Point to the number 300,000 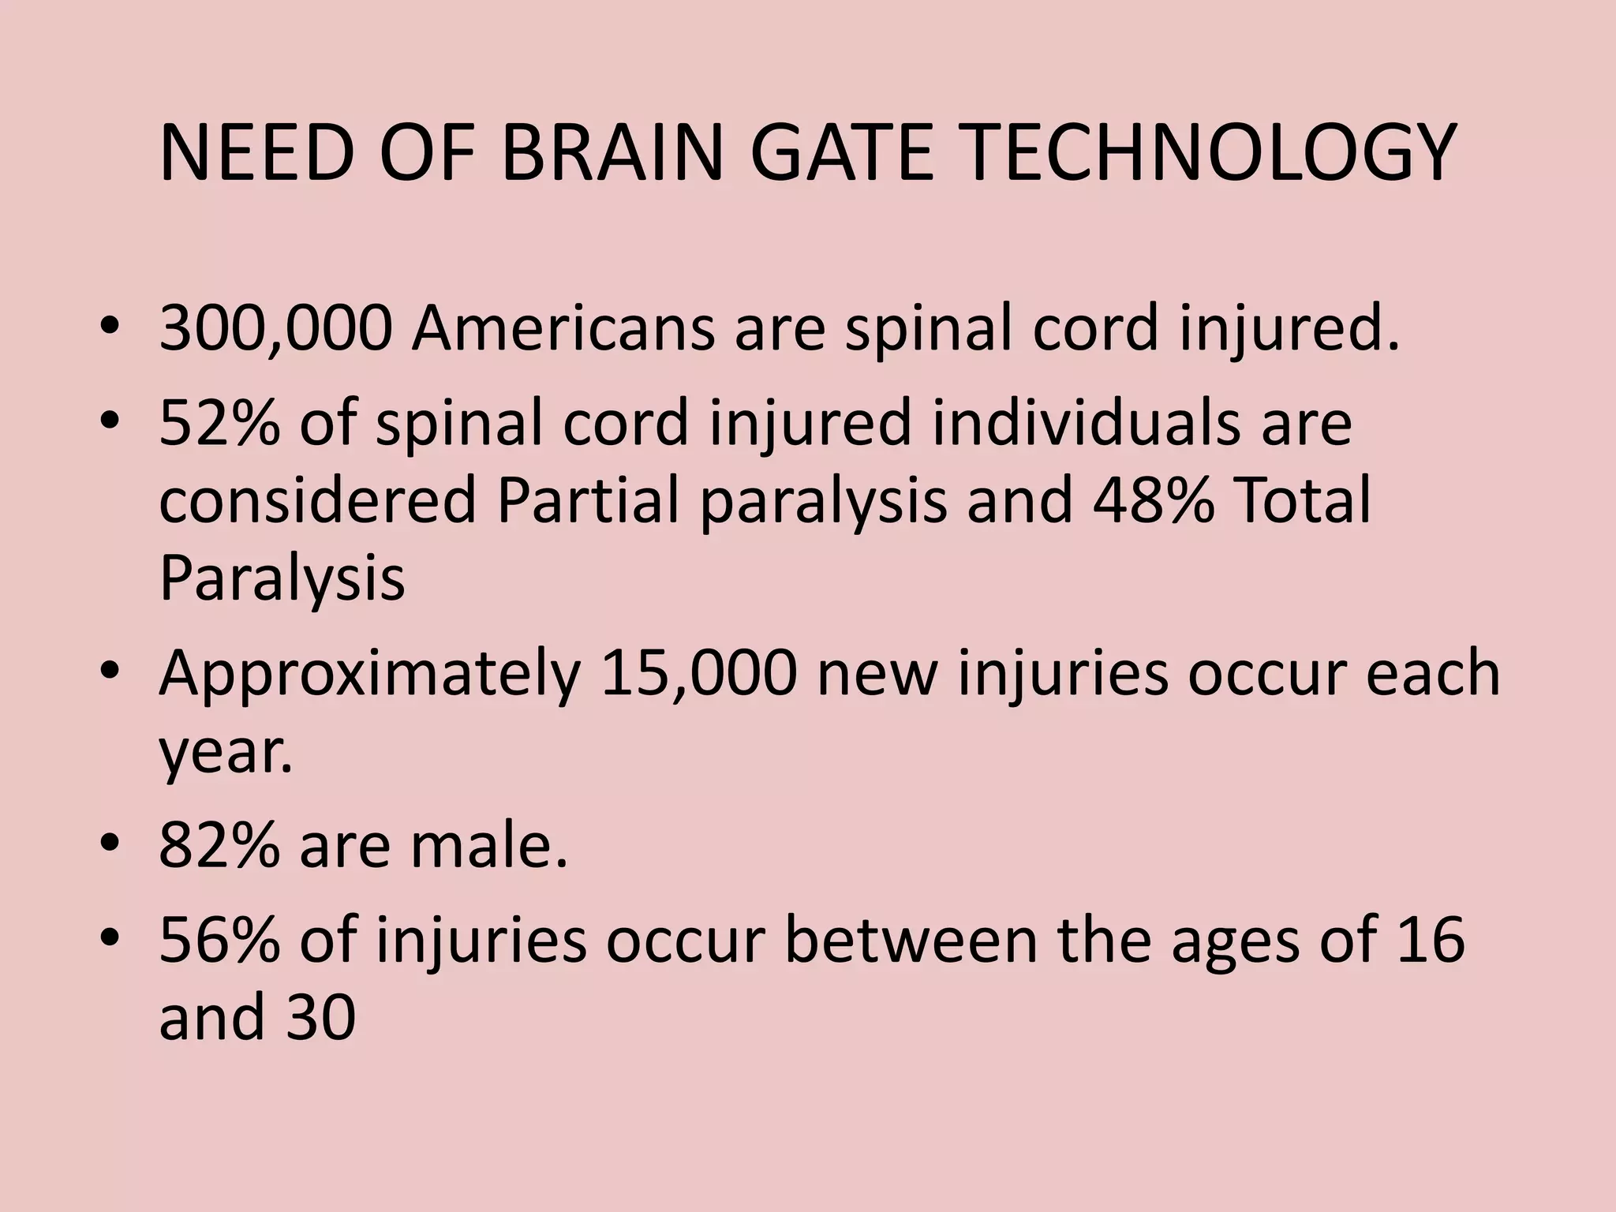pyautogui.click(x=275, y=329)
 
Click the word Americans pyautogui.click(x=563, y=329)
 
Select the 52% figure pyautogui.click(x=219, y=424)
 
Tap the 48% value pyautogui.click(x=1153, y=501)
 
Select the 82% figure pyautogui.click(x=219, y=846)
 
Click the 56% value pyautogui.click(x=219, y=940)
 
